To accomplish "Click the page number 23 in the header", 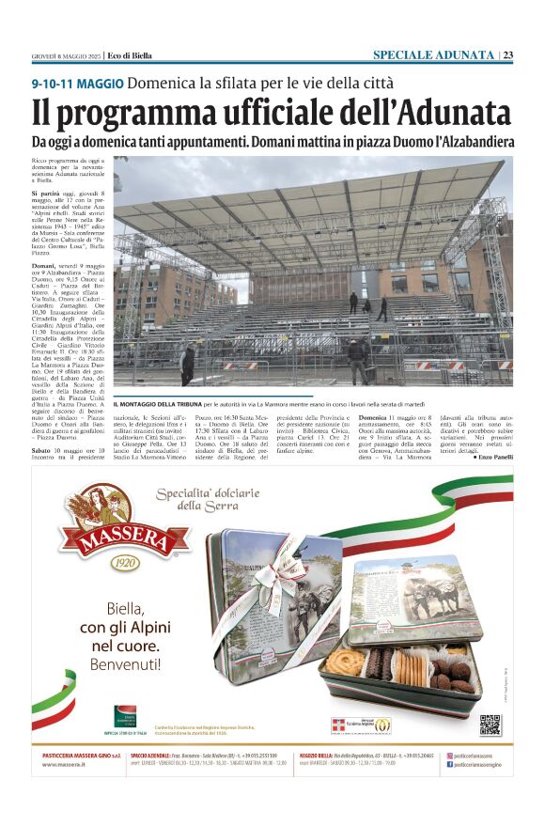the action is click(507, 55).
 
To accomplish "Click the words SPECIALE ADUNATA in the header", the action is click(432, 55).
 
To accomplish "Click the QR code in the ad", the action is click(490, 725).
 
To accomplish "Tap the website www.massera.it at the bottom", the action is click(63, 765).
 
